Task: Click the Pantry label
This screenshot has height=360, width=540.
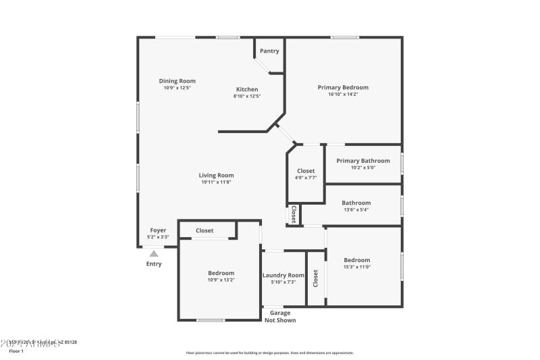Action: click(269, 51)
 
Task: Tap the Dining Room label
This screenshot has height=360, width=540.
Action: click(177, 81)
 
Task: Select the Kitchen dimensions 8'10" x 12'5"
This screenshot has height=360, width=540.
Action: click(246, 96)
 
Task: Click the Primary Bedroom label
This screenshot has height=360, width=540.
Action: click(343, 87)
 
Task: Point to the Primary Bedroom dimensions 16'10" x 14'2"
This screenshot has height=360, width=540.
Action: click(343, 95)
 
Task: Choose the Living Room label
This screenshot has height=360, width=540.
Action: click(216, 175)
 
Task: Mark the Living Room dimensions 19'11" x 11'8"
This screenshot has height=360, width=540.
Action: click(216, 182)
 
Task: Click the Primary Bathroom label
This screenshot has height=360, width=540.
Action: click(363, 161)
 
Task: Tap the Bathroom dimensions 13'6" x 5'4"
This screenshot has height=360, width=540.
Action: click(356, 209)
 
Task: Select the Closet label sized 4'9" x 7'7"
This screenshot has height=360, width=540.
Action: click(305, 171)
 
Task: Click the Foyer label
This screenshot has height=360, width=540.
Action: click(157, 230)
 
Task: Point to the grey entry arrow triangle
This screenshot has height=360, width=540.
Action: click(154, 253)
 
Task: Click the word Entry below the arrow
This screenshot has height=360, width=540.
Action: click(154, 263)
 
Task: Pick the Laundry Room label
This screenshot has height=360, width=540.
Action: click(283, 275)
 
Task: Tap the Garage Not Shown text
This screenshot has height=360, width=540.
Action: click(280, 316)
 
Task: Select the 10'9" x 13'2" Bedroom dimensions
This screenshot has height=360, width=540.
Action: click(221, 280)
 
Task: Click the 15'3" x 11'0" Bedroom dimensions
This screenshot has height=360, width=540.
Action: click(356, 267)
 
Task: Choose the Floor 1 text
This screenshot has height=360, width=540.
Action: click(16, 351)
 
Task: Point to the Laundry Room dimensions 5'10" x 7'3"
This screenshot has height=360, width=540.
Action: click(283, 282)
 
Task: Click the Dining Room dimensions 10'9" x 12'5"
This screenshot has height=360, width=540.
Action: click(177, 88)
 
